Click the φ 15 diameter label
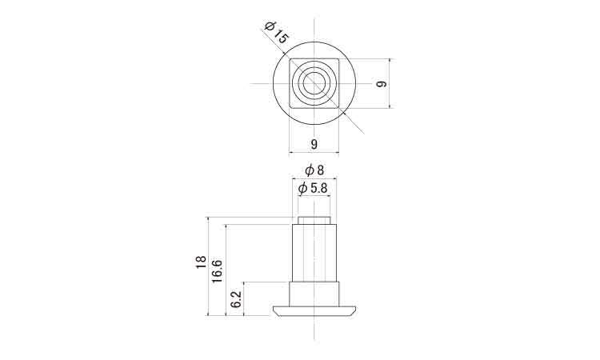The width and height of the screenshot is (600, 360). pyautogui.click(x=276, y=32)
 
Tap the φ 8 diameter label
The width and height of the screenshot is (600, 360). pyautogui.click(x=314, y=170)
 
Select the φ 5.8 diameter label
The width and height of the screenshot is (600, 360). pyautogui.click(x=313, y=188)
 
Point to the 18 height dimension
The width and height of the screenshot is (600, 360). pyautogui.click(x=201, y=262)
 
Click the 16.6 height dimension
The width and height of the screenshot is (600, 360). pyautogui.click(x=217, y=271)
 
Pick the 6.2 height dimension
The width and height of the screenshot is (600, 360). pyautogui.click(x=237, y=298)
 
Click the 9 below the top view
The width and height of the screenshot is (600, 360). pyautogui.click(x=314, y=144)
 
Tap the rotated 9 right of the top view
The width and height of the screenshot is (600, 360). pyautogui.click(x=382, y=84)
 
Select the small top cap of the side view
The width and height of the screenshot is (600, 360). pyautogui.click(x=314, y=220)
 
